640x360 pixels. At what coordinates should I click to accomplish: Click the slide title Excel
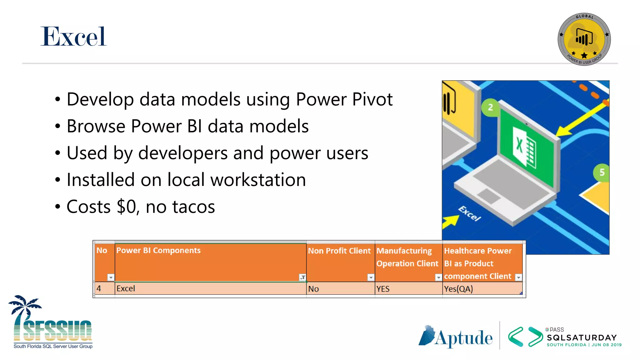pyautogui.click(x=73, y=37)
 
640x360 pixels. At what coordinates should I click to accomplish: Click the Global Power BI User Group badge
pyautogui.click(x=584, y=39)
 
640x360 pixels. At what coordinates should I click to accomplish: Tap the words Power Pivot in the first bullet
pyautogui.click(x=344, y=99)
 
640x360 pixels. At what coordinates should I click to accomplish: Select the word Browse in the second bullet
pyautogui.click(x=96, y=126)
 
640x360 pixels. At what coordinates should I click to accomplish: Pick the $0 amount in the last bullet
pyautogui.click(x=127, y=207)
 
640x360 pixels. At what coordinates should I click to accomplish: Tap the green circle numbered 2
pyautogui.click(x=490, y=107)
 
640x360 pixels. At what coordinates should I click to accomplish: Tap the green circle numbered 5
pyautogui.click(x=602, y=172)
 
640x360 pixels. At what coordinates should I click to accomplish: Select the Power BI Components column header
pyautogui.click(x=158, y=251)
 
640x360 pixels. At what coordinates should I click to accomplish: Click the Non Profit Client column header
pyautogui.click(x=339, y=251)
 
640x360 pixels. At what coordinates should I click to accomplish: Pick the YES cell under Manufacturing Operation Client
pyautogui.click(x=383, y=289)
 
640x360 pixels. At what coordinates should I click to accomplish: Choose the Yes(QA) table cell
pyautogui.click(x=458, y=289)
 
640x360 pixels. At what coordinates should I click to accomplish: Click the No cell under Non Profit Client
pyautogui.click(x=313, y=289)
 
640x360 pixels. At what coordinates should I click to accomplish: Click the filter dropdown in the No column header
pyautogui.click(x=111, y=277)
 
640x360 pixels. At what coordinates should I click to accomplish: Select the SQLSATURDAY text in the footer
pyautogui.click(x=582, y=337)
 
